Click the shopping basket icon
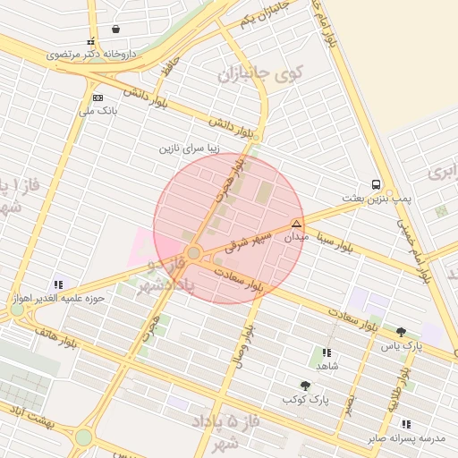pos(116,29)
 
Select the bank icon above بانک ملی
pos(98,98)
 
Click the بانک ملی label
pos(98,112)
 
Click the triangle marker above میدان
pos(296,224)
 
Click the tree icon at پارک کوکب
pos(305,385)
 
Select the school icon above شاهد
pos(327,353)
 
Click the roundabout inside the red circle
pos(194,253)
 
